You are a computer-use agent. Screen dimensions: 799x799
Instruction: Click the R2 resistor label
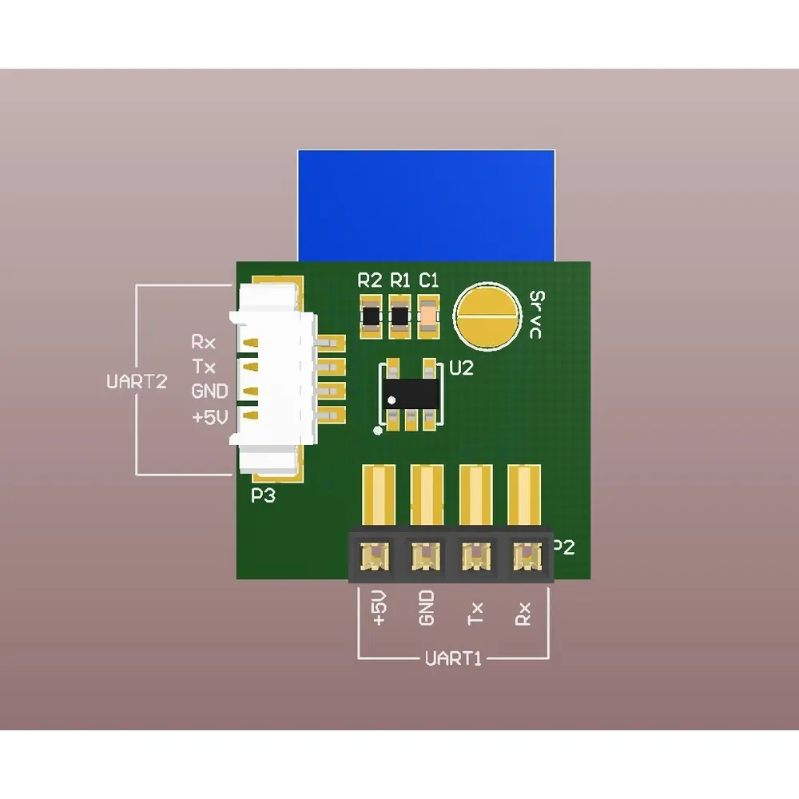pos(370,280)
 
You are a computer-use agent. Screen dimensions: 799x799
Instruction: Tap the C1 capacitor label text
pos(429,280)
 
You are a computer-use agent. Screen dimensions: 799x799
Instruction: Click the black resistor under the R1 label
pos(399,316)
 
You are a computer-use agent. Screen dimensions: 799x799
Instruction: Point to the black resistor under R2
pos(372,316)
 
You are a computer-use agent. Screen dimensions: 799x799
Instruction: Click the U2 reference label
pos(462,368)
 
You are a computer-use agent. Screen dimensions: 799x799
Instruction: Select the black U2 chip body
pos(411,392)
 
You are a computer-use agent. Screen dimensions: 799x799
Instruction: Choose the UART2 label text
pos(137,381)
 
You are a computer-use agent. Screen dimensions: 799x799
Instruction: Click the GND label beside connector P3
pos(209,392)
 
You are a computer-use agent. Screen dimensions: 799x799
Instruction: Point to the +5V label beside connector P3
pos(209,416)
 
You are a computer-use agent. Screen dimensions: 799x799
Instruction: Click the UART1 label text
pos(454,659)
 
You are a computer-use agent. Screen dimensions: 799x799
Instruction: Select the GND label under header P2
pos(427,608)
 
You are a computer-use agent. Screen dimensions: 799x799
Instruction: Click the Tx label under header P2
pos(476,613)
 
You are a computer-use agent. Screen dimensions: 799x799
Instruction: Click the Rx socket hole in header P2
pos(526,555)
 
